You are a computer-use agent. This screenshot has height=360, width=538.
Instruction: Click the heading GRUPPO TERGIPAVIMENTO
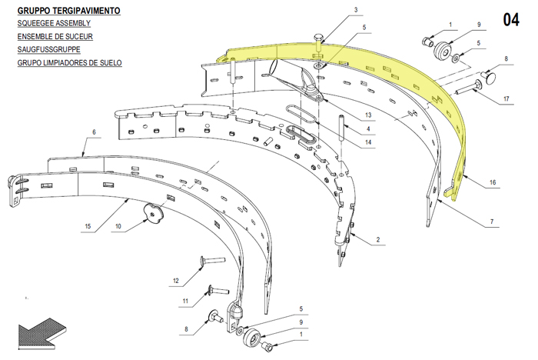(68, 11)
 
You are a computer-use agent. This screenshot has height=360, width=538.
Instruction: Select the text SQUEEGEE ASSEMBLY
(54, 23)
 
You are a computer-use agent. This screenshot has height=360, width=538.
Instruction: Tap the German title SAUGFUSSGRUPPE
(48, 49)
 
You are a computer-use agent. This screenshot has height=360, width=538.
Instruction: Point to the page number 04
(511, 19)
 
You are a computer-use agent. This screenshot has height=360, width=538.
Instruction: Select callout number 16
(493, 182)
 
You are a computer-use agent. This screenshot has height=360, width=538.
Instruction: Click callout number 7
(492, 222)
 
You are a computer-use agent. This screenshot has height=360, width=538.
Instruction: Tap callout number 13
(368, 115)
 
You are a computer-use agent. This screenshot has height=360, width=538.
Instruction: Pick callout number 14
(368, 142)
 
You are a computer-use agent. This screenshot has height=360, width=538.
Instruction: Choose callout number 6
(94, 132)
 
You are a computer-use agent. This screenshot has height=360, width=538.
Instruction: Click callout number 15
(88, 226)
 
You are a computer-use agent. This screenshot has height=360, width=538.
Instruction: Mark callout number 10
(118, 226)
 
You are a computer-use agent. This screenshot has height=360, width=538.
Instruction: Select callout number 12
(176, 281)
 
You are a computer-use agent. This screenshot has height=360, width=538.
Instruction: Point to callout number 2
(378, 239)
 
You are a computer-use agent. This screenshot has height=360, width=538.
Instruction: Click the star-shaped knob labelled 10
(154, 213)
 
